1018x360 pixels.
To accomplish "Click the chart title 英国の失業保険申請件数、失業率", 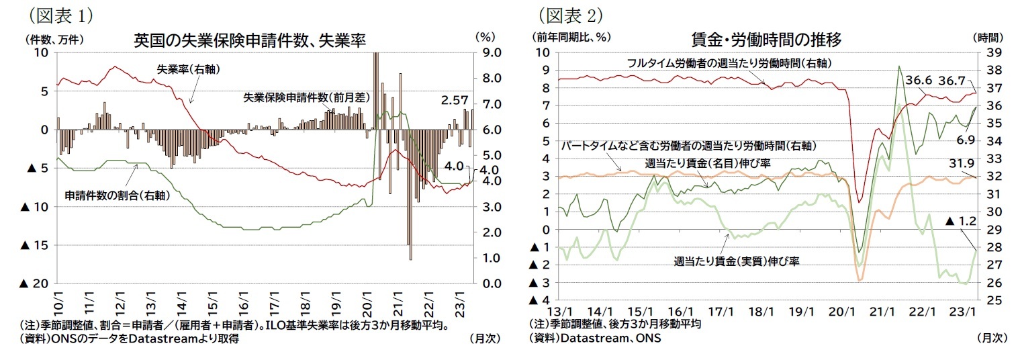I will tap(250, 40).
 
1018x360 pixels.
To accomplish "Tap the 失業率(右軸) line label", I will tap(189, 69).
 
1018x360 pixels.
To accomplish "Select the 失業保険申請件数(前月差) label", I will tap(306, 97).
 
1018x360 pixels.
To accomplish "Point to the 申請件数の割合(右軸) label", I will tap(117, 195).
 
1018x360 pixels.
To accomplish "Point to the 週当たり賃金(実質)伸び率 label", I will tap(736, 261).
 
